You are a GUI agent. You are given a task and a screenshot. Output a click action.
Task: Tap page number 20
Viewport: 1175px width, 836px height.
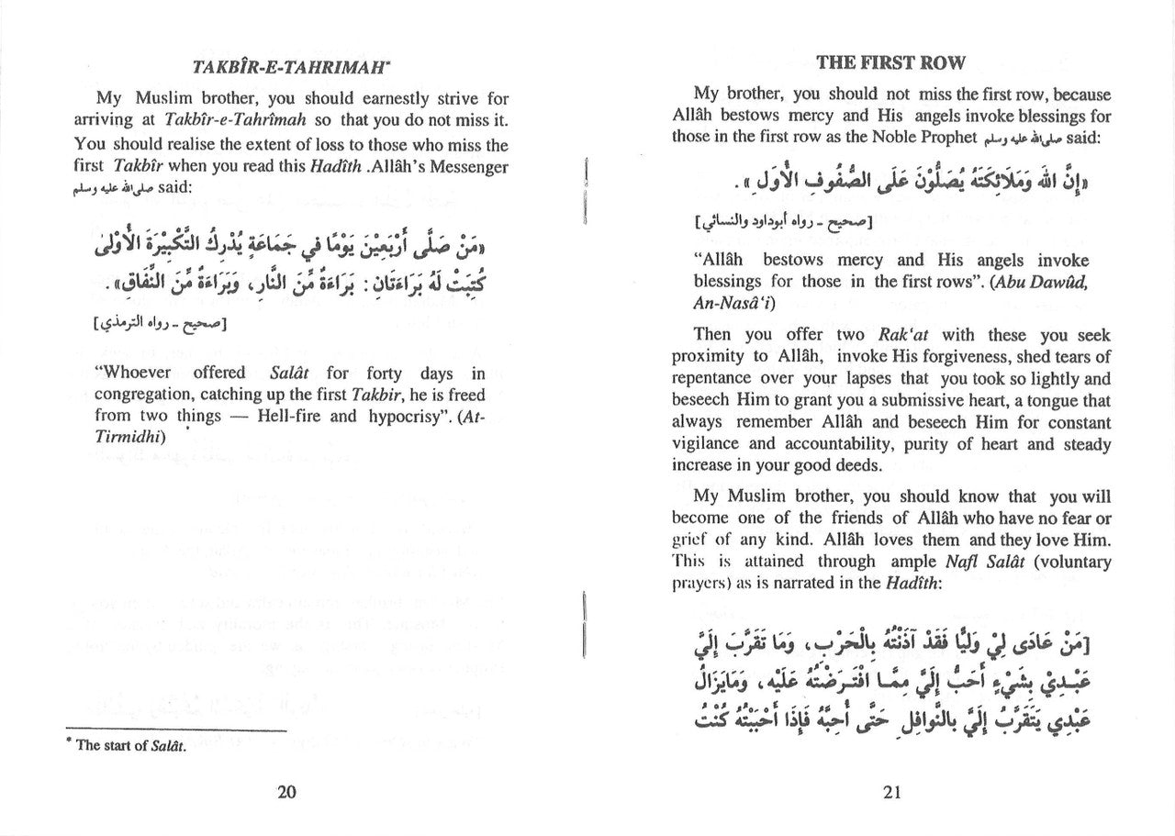point(287,794)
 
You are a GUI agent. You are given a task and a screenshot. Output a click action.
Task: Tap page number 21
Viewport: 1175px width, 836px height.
point(890,794)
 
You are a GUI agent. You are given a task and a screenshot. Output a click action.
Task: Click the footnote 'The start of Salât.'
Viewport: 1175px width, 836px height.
point(131,746)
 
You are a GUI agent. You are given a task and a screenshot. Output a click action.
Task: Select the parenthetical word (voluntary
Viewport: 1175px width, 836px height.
point(1070,562)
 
